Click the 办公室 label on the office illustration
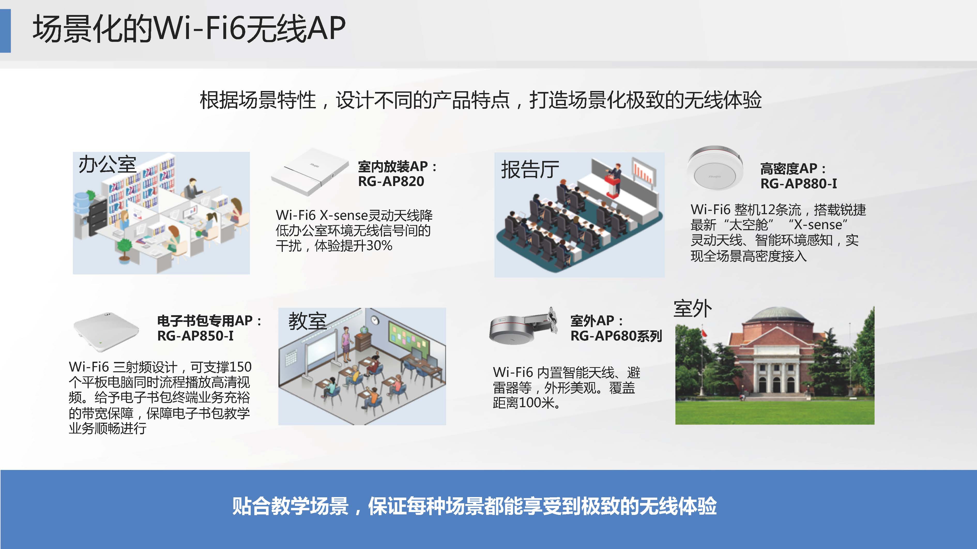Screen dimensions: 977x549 pos(107,165)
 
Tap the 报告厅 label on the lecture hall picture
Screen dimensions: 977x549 pos(530,169)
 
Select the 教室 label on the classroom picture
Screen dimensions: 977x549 pos(308,321)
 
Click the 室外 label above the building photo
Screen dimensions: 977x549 pos(692,309)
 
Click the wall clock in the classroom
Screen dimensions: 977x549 pos(375,320)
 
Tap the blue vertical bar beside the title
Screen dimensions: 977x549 pos(5,31)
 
